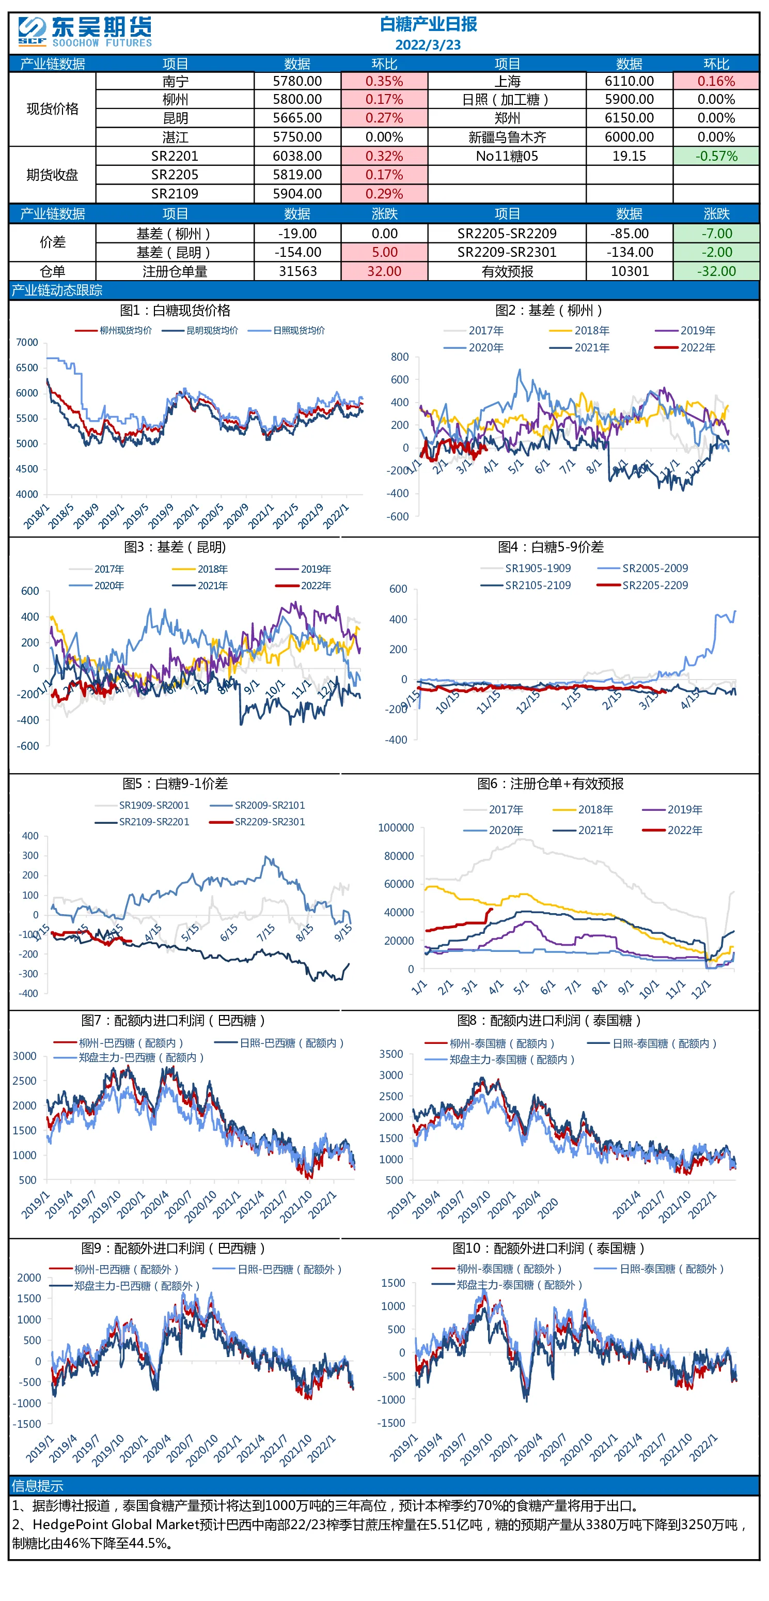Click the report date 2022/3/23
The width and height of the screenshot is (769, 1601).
[x=428, y=45]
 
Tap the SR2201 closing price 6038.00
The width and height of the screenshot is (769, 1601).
[x=297, y=156]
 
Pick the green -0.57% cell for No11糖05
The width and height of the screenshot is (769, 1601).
[x=716, y=156]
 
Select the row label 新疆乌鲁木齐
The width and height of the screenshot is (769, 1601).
[x=507, y=137]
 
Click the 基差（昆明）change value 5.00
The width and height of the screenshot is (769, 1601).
[x=384, y=252]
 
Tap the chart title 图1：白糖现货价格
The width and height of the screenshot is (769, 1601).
[x=175, y=311]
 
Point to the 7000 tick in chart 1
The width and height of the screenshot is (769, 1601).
[x=27, y=343]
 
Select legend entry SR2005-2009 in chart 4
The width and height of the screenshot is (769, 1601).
[x=642, y=568]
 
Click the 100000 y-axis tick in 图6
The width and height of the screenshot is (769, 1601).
[x=396, y=828]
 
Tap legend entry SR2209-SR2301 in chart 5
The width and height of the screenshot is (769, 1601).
[x=257, y=822]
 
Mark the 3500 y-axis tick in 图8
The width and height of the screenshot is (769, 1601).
[x=391, y=1054]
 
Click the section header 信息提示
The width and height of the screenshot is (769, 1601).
[x=37, y=1486]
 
